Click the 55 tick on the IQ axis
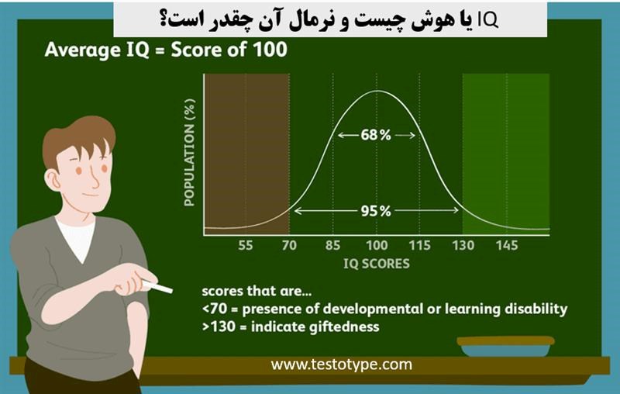[x=245, y=245]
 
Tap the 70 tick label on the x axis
[x=289, y=245]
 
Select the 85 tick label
[x=332, y=245]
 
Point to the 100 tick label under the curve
[x=377, y=245]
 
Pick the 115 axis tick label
[x=419, y=245]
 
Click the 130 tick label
[x=463, y=245]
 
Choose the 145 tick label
[x=507, y=245]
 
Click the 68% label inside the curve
[x=376, y=135]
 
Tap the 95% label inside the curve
[x=376, y=211]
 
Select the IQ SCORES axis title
[x=377, y=264]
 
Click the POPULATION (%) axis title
[x=190, y=153]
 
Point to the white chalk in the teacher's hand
[x=157, y=287]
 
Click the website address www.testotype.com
[x=341, y=365]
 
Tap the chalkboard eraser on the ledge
[x=505, y=346]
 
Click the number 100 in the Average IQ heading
[x=270, y=50]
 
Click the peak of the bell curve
[x=377, y=91]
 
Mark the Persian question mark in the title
[x=165, y=21]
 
